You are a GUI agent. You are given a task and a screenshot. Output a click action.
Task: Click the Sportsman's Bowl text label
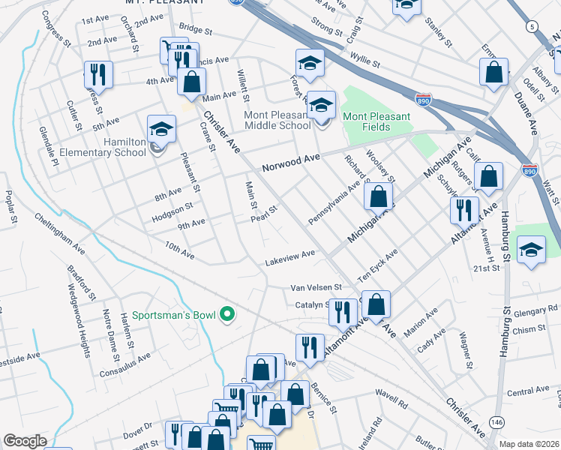coord(175,315)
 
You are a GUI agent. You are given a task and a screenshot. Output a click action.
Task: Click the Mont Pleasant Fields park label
coord(376,122)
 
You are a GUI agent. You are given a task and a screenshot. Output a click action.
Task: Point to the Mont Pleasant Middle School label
coord(277,121)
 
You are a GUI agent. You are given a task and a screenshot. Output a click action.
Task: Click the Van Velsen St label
coord(316,287)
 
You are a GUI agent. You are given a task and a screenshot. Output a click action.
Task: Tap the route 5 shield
coord(532,27)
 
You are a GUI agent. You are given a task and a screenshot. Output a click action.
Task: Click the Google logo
coord(25,441)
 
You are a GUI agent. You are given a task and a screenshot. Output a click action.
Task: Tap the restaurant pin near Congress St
coord(98,73)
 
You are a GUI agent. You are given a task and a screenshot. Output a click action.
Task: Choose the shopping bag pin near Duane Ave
coord(493,73)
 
